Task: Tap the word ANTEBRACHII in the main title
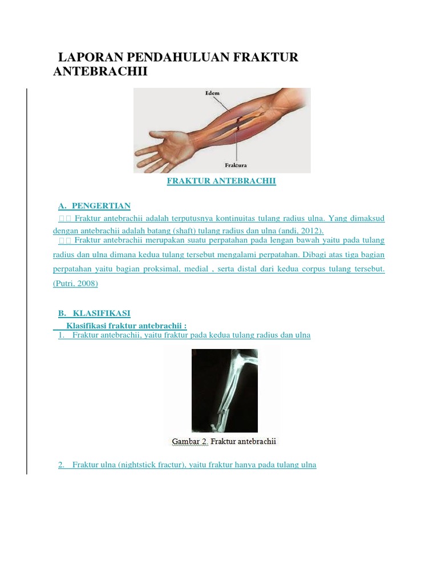click(x=100, y=71)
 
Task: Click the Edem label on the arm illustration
click(x=212, y=93)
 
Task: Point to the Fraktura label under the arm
click(x=236, y=165)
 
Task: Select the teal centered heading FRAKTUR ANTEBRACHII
click(x=221, y=181)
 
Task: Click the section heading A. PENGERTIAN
click(x=94, y=205)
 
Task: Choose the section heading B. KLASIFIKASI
click(x=94, y=313)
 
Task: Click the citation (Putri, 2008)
click(x=75, y=283)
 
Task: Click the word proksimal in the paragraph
click(x=161, y=269)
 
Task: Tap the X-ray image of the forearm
click(x=225, y=390)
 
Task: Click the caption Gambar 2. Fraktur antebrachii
click(x=224, y=441)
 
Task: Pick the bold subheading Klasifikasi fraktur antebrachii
click(x=126, y=326)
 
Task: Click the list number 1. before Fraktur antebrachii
click(x=61, y=335)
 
